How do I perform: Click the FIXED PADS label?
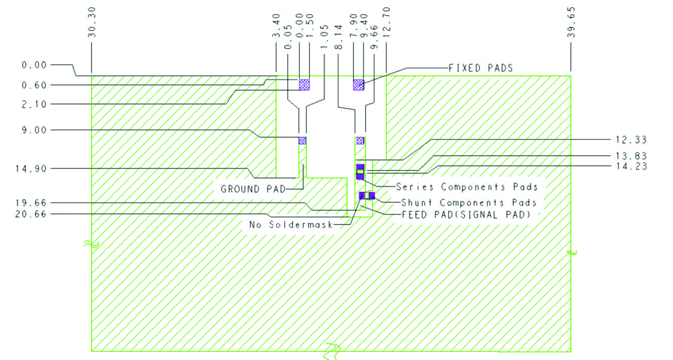click(x=480, y=68)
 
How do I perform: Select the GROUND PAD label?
click(x=253, y=190)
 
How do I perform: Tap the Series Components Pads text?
click(x=466, y=187)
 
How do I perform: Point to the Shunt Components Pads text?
click(x=469, y=202)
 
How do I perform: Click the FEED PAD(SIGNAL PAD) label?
click(x=466, y=214)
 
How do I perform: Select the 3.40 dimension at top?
click(x=277, y=33)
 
